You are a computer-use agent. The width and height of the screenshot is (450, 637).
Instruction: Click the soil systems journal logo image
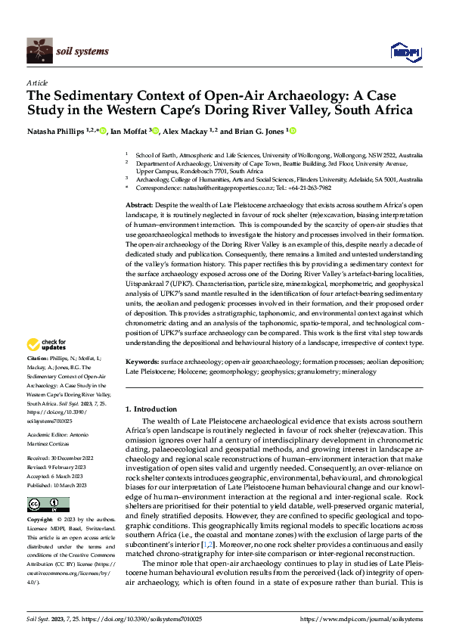(x=39, y=51)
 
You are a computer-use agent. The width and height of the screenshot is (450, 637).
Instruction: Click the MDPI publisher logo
(x=402, y=51)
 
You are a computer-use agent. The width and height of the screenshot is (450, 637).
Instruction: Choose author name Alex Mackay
(x=189, y=131)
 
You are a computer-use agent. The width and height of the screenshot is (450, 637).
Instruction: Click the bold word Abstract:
(x=140, y=206)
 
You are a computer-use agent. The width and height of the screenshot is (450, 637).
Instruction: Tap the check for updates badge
(x=47, y=345)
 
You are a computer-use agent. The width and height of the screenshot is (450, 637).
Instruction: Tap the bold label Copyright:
(x=40, y=520)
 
